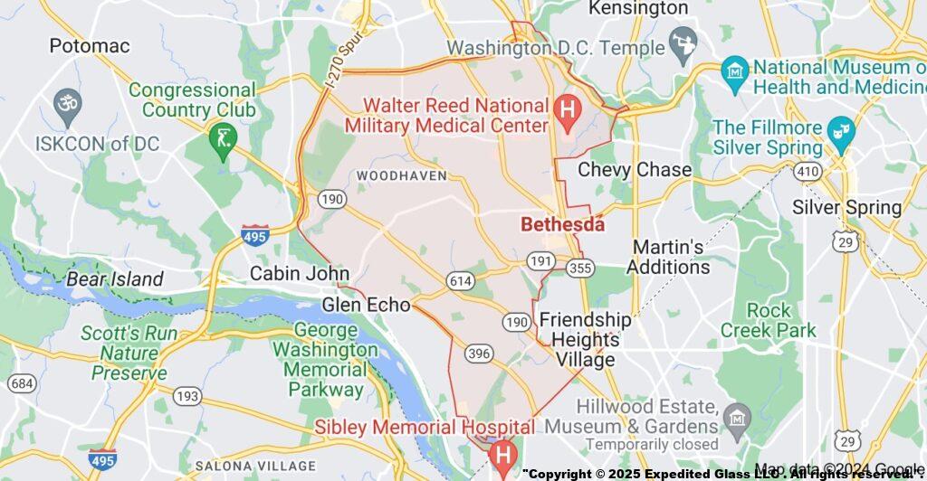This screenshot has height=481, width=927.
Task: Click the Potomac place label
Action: pyautogui.click(x=90, y=45)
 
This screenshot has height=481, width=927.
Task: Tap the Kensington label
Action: pyautogui.click(x=638, y=8)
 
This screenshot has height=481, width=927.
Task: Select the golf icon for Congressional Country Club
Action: pyautogui.click(x=220, y=140)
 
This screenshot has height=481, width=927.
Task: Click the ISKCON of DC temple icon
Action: pyautogui.click(x=66, y=101)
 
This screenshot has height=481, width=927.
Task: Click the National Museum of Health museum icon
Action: pyautogui.click(x=734, y=69)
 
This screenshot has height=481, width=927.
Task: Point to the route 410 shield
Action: pyautogui.click(x=807, y=171)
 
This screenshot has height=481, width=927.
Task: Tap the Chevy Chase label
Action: pyautogui.click(x=635, y=170)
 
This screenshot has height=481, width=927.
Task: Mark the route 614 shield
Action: pyautogui.click(x=460, y=281)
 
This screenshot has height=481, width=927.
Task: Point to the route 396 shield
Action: pyautogui.click(x=480, y=353)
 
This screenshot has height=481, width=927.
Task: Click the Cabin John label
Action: pyautogui.click(x=300, y=273)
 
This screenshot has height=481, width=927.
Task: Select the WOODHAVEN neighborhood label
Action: pyautogui.click(x=402, y=174)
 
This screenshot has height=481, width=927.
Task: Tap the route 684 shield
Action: pyautogui.click(x=23, y=384)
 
